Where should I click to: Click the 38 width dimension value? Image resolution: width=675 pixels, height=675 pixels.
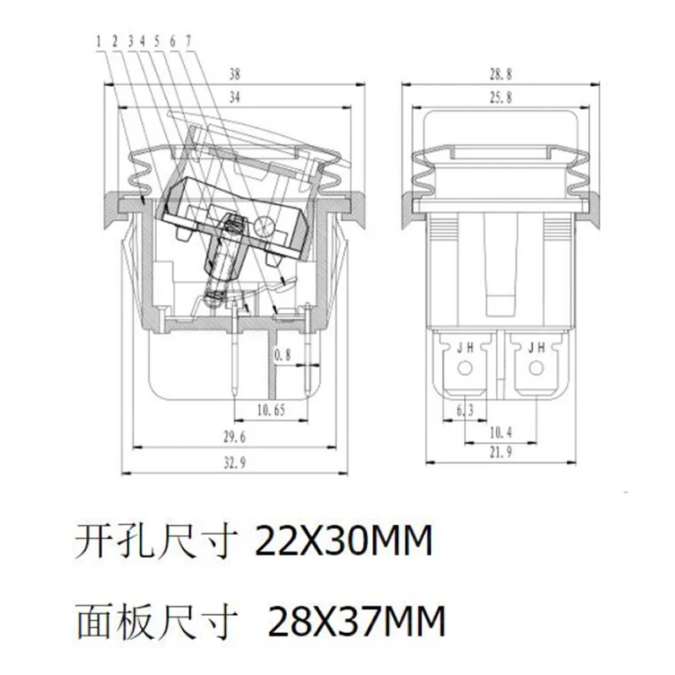(x=235, y=74)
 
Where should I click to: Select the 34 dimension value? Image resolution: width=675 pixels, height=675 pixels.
(x=235, y=97)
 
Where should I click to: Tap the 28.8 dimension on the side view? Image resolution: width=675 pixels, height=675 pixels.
(x=500, y=74)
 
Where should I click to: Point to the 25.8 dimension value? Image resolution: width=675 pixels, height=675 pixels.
(x=500, y=97)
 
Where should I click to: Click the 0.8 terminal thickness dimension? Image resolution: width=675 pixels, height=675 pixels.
(x=283, y=354)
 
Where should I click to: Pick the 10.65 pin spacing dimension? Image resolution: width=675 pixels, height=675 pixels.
(x=271, y=410)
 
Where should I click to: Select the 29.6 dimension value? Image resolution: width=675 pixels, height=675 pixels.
(x=235, y=437)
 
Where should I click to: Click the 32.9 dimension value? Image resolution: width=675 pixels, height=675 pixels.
(x=235, y=463)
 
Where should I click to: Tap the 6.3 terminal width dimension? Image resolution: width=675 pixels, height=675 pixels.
(x=465, y=411)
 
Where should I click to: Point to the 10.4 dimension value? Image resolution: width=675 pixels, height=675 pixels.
(x=500, y=432)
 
